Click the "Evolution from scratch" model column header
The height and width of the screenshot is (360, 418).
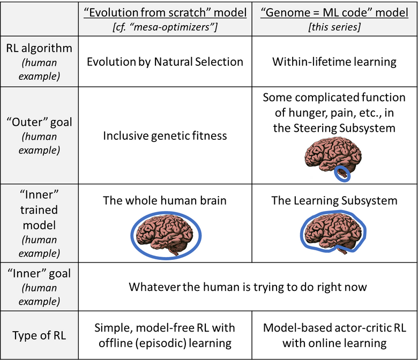tap(165, 12)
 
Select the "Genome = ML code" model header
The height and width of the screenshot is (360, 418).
tap(334, 12)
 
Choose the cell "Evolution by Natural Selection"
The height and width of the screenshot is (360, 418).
tap(165, 62)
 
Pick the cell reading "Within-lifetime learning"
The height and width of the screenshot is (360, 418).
tap(334, 62)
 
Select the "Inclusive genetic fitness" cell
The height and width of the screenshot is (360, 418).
tap(165, 136)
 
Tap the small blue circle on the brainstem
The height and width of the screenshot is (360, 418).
tap(341, 173)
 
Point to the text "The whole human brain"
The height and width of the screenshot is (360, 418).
tap(165, 201)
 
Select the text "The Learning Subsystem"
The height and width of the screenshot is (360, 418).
tap(334, 201)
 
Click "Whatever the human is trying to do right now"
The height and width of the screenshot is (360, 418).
tap(248, 287)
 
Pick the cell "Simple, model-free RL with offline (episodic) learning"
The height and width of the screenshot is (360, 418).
tap(165, 335)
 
